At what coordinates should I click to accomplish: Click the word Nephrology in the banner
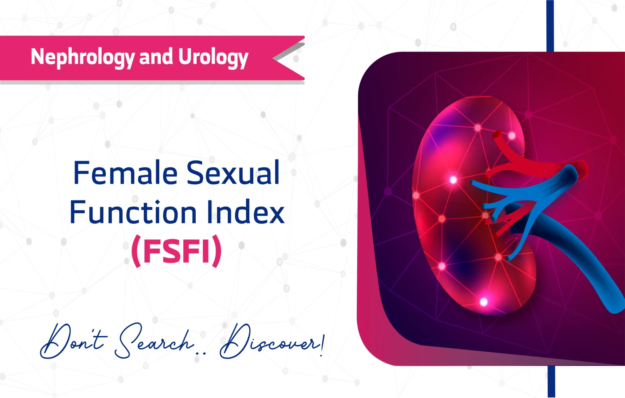pos(83,57)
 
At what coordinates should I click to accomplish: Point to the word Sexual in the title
pos(233,173)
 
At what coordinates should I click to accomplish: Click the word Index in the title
pos(246,212)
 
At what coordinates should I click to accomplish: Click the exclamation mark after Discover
pos(323,345)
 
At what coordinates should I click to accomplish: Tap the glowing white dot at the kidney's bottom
pos(484,302)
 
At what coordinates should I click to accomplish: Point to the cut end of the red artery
pos(497,135)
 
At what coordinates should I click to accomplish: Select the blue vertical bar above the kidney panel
pos(550,26)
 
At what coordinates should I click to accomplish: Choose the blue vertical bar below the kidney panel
pos(551,382)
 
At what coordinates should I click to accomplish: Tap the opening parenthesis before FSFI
pos(136,251)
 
